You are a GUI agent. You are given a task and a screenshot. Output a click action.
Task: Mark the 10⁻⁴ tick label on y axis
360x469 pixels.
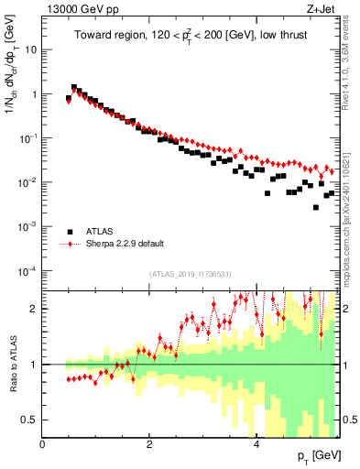pyautogui.click(x=27, y=271)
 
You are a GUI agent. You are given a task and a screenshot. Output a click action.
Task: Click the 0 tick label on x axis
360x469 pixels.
pyautogui.click(x=43, y=444)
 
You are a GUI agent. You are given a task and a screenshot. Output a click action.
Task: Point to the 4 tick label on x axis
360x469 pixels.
pyautogui.click(x=256, y=444)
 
